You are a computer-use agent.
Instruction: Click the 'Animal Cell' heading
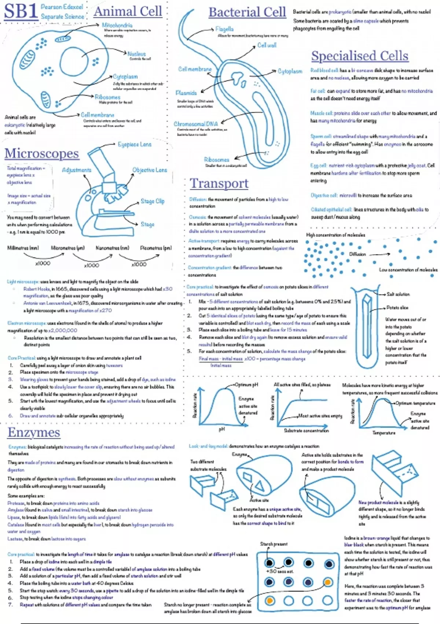tap(128, 11)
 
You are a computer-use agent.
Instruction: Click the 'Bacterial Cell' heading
tap(247, 12)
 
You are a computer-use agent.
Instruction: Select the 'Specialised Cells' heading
tap(359, 56)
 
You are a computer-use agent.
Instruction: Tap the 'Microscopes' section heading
tap(41, 153)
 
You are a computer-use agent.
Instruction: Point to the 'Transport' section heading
tap(219, 183)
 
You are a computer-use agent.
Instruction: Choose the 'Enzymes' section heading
tap(34, 432)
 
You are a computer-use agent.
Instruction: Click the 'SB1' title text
tap(21, 12)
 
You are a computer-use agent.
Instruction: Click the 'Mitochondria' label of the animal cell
tap(117, 25)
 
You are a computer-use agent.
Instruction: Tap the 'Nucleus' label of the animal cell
tap(136, 54)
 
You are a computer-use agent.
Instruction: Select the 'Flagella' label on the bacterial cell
tap(224, 29)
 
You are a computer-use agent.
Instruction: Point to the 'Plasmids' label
tap(186, 93)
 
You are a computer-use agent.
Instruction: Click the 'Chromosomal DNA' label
tap(195, 124)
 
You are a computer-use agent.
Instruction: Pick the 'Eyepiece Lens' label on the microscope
tap(135, 144)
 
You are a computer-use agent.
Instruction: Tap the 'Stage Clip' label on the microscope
tap(153, 201)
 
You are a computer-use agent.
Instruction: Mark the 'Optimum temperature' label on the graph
tap(415, 403)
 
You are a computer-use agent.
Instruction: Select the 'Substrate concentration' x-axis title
tap(306, 431)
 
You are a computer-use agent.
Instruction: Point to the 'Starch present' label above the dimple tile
tap(274, 544)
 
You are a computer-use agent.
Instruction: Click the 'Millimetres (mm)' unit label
tap(23, 248)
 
